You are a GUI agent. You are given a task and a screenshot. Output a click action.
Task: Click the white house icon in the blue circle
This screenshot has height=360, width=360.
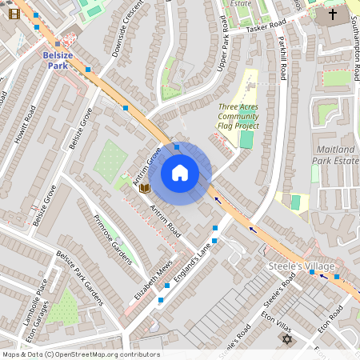180,173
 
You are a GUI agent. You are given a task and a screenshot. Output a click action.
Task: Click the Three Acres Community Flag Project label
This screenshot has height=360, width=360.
238,116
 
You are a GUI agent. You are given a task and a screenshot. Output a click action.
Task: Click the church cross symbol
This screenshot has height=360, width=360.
333,14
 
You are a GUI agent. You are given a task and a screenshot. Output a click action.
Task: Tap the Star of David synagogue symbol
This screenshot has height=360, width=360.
286,339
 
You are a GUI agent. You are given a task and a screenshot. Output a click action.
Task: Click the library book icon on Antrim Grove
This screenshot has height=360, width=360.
144,188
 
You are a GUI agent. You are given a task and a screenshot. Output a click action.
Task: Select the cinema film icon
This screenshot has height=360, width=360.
14,14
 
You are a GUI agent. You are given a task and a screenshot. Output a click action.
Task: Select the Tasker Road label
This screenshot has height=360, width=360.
244,29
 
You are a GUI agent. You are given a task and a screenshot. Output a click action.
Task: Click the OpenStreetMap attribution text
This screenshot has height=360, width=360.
80,354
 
